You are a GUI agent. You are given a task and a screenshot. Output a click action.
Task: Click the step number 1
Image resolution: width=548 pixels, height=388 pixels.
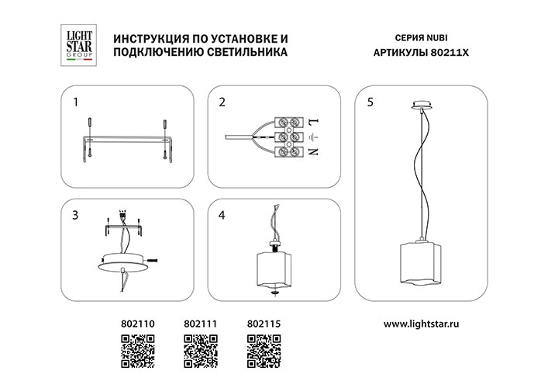tap(75, 102)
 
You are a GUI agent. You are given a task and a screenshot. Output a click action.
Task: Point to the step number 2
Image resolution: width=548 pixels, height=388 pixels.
tap(222, 102)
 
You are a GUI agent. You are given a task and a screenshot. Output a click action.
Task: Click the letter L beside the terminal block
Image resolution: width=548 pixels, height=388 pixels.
tap(313, 122)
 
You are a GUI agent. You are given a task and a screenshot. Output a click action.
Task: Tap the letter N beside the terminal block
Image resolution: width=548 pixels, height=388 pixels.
tap(313, 153)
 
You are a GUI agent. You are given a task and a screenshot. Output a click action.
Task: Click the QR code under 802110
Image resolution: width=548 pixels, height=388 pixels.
tap(138, 351)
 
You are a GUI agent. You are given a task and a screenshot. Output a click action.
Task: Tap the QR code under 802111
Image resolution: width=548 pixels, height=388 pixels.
tap(200, 351)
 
